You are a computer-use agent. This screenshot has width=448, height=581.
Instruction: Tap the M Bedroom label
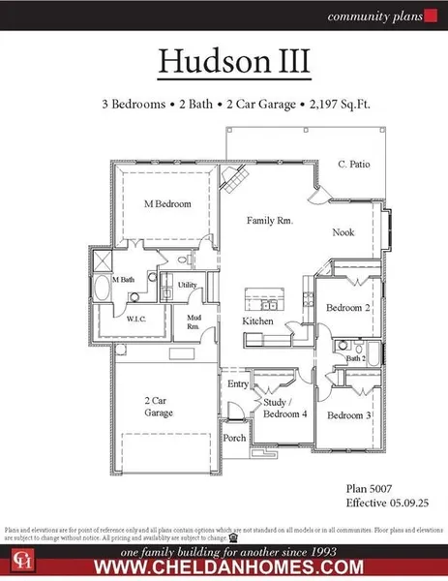(x=167, y=204)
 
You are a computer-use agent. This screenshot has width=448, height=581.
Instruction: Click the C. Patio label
(x=354, y=164)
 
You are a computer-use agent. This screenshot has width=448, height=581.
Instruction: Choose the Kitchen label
(x=258, y=321)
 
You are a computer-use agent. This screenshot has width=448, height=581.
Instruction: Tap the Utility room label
(x=187, y=286)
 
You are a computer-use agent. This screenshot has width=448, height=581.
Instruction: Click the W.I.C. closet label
(x=135, y=317)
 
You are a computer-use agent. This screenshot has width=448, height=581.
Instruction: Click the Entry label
(x=238, y=384)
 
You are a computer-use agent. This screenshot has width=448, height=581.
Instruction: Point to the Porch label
(x=234, y=437)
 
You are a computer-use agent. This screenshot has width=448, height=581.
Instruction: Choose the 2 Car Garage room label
(x=160, y=406)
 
